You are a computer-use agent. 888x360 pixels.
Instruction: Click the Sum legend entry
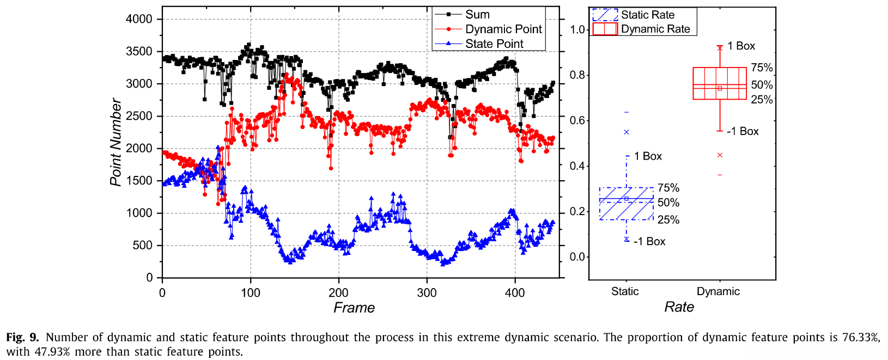click(477, 15)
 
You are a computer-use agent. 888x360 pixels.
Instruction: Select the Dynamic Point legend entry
click(503, 29)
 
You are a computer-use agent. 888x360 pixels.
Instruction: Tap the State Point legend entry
click(494, 44)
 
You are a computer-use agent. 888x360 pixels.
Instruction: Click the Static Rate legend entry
click(647, 15)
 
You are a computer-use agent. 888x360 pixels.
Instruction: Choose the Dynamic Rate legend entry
click(655, 29)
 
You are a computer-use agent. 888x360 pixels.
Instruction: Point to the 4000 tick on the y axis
click(139, 19)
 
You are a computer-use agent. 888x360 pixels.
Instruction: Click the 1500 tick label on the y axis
click(139, 181)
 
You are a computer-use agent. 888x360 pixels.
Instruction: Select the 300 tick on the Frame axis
click(427, 293)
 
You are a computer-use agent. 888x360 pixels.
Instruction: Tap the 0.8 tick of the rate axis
click(577, 75)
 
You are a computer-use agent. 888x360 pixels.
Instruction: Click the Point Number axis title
click(115, 142)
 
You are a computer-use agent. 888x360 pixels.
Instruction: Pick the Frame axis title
click(354, 308)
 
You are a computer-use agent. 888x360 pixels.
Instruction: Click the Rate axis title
click(679, 307)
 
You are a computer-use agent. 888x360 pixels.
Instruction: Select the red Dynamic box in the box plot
click(719, 83)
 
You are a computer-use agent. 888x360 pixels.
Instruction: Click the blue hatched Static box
click(627, 204)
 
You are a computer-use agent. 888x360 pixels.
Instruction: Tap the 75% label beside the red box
click(762, 68)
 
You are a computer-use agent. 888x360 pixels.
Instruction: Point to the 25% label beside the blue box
click(668, 220)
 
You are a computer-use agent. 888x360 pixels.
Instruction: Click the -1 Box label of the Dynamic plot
click(743, 131)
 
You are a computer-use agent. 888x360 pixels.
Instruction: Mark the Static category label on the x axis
click(625, 291)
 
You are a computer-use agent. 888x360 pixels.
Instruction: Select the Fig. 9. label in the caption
click(22, 337)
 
